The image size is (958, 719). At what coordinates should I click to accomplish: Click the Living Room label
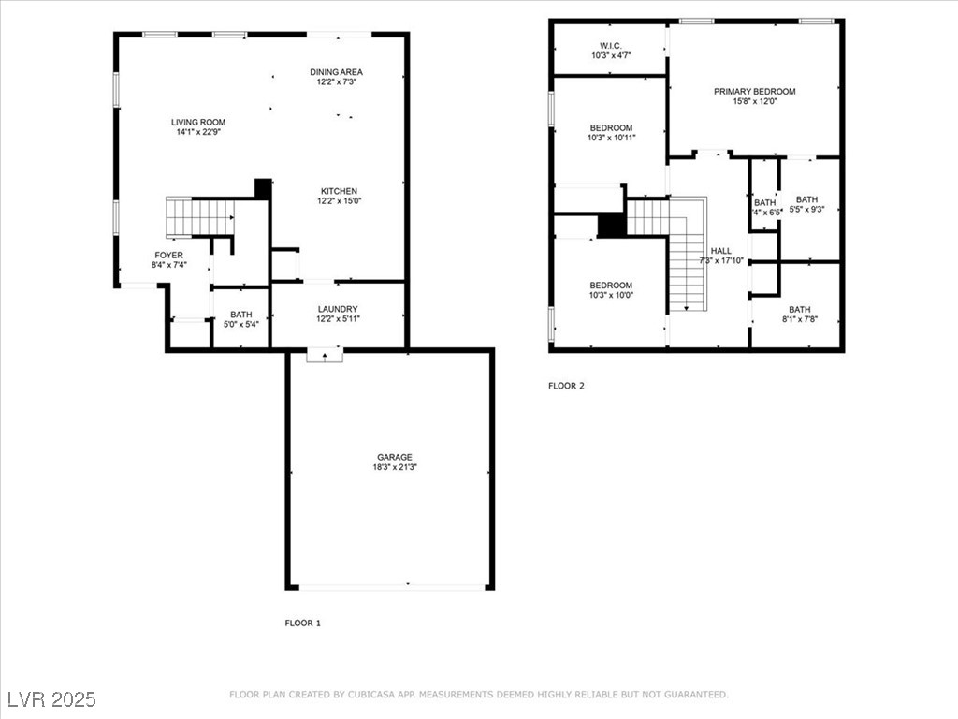coord(197,122)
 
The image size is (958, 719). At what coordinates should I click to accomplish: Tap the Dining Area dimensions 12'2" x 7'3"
coord(336,82)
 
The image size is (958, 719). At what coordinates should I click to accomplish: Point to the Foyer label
coord(168,255)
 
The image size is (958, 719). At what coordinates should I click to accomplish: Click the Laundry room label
coord(337,309)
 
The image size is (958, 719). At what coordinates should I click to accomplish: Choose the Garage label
coord(394,457)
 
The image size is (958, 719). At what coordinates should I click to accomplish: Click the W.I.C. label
coord(611,46)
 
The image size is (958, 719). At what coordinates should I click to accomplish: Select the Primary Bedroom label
coord(754,91)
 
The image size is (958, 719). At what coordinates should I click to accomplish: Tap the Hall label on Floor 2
coord(720,251)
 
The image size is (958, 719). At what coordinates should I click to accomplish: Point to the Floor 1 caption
coord(302,623)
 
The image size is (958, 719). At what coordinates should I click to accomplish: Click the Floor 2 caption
coord(566,385)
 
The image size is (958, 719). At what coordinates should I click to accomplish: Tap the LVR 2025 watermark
coord(51,699)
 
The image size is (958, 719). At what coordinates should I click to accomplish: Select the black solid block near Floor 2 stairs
coord(611,226)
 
